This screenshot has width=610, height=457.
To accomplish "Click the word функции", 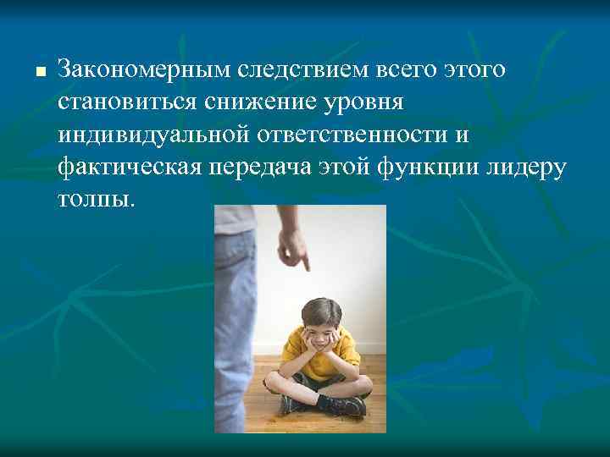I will point(438,166).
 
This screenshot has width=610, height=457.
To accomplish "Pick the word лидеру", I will point(535,166).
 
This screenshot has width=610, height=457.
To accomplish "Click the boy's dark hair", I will point(318,307).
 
